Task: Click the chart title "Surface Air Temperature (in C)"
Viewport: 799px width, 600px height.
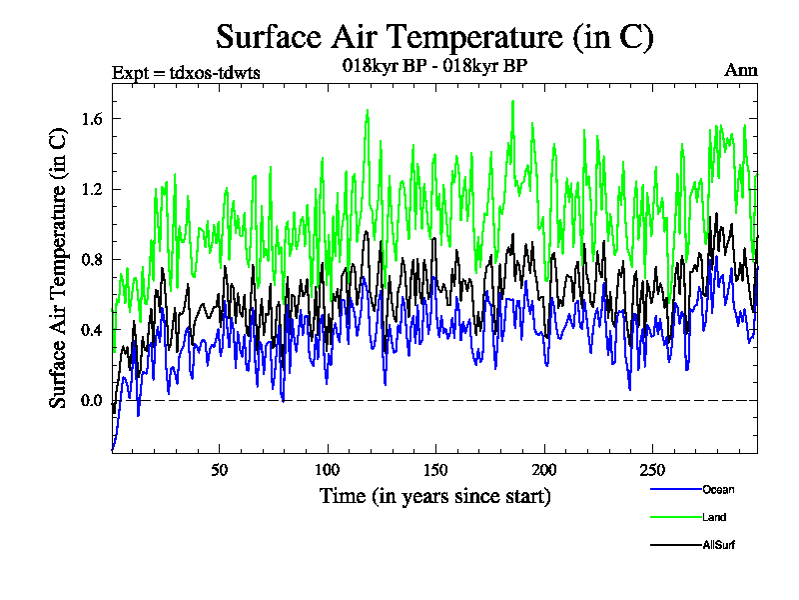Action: [434, 37]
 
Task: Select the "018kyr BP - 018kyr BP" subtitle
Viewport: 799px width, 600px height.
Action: [434, 66]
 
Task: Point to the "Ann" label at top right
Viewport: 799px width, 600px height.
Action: [740, 71]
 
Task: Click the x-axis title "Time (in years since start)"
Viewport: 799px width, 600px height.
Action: [434, 496]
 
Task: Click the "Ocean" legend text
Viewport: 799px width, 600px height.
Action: [717, 490]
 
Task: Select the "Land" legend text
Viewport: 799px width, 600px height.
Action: [713, 518]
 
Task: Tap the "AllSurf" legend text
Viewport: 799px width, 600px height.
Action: [719, 546]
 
